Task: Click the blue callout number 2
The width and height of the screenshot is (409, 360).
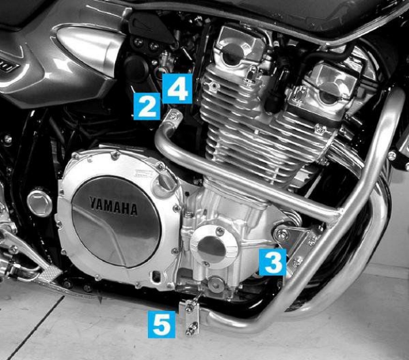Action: coord(147,105)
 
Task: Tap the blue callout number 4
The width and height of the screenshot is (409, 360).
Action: coord(177,88)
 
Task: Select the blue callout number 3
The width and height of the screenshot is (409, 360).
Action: coord(272,262)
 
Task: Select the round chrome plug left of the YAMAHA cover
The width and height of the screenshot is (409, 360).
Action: coord(39,203)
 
